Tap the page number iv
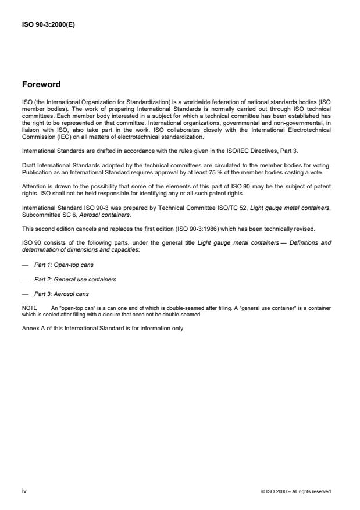click(24, 491)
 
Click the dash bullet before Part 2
click(24, 279)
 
